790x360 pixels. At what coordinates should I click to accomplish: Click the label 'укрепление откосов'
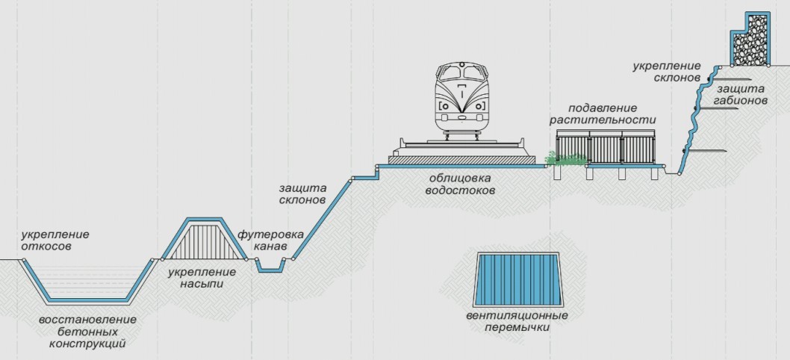tap(55, 240)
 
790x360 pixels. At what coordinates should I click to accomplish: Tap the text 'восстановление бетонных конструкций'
tap(87, 332)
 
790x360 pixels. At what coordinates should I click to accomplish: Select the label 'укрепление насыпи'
tap(196, 278)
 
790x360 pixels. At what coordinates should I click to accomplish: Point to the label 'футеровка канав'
tap(270, 240)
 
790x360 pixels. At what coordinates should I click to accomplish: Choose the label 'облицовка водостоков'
tap(462, 184)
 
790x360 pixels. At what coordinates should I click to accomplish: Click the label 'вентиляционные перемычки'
tap(517, 321)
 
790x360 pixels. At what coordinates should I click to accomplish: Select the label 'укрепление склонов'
tap(666, 72)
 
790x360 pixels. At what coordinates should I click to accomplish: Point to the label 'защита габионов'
tap(739, 95)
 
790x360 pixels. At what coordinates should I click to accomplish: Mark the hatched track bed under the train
tap(461, 158)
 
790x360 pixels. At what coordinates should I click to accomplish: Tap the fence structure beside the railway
tap(606, 149)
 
